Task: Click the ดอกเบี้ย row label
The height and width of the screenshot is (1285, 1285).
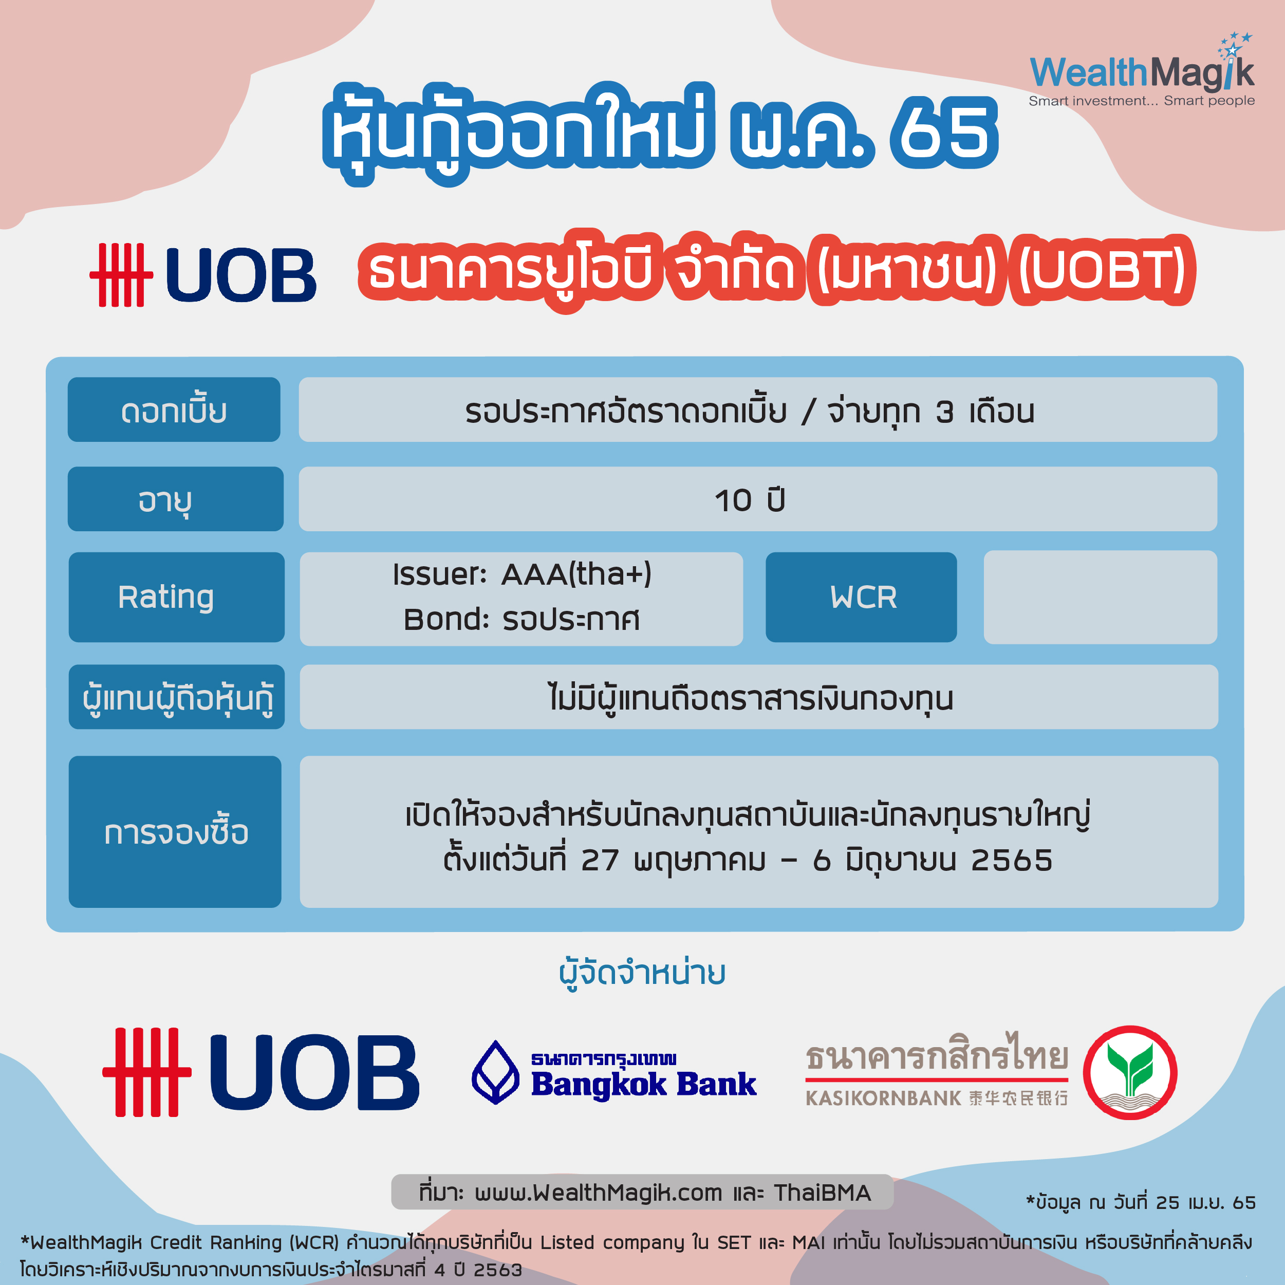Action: pyautogui.click(x=174, y=409)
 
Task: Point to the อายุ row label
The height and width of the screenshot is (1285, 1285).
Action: pyautogui.click(x=176, y=499)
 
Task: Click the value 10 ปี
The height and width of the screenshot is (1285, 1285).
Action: pyautogui.click(x=750, y=500)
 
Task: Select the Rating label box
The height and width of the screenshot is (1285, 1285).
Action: pyautogui.click(x=176, y=597)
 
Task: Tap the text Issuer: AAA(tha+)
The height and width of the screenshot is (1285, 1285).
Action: pyautogui.click(x=522, y=573)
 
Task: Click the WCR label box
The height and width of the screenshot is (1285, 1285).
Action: pyautogui.click(x=861, y=597)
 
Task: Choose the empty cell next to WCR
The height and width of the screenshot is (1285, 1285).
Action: pyautogui.click(x=1100, y=597)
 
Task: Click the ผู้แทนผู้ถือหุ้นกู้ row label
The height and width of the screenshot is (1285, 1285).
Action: pyautogui.click(x=176, y=697)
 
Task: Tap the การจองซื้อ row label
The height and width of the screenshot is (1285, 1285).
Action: pyautogui.click(x=175, y=831)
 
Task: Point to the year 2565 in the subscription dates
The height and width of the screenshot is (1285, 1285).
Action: pyautogui.click(x=1012, y=860)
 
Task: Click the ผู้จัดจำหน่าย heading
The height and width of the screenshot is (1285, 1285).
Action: pyautogui.click(x=642, y=974)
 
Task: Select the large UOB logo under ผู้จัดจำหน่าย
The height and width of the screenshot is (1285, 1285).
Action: pyautogui.click(x=260, y=1072)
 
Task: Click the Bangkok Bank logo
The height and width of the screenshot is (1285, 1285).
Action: pyautogui.click(x=614, y=1073)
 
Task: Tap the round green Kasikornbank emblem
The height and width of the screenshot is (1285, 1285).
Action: pyautogui.click(x=1130, y=1073)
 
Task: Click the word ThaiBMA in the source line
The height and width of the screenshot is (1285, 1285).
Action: pyautogui.click(x=822, y=1193)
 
